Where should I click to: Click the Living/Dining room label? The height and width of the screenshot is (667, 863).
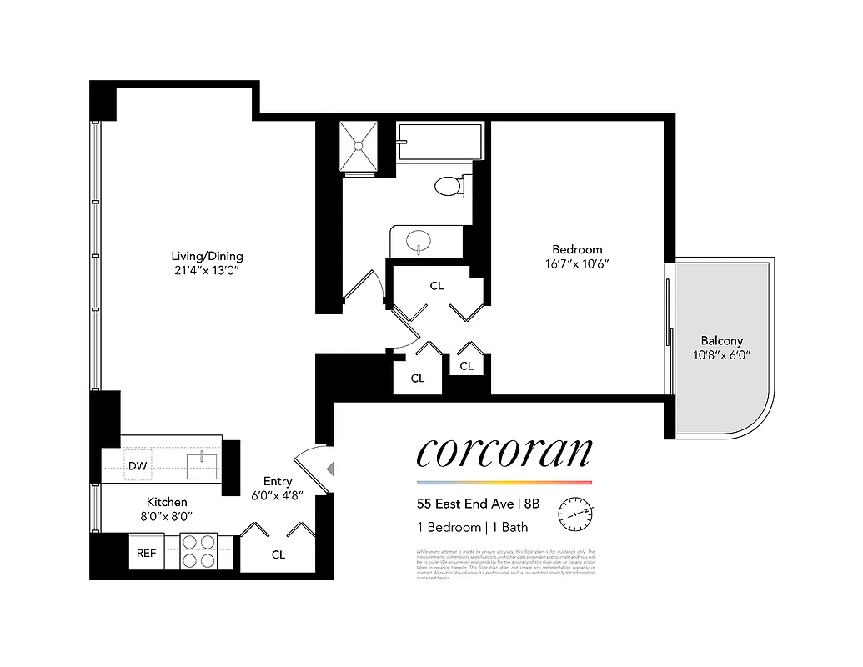(207, 256)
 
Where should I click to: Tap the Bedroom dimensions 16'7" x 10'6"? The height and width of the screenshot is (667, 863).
(577, 264)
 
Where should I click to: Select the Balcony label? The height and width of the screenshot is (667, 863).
(721, 341)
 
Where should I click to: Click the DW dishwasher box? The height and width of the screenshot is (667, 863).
(138, 466)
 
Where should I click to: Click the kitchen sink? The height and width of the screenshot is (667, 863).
(203, 465)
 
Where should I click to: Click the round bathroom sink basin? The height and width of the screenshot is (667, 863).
(419, 243)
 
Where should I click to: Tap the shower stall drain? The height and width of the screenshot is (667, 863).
(359, 146)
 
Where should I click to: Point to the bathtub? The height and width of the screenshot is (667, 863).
(439, 142)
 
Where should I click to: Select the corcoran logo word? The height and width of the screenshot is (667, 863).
(504, 452)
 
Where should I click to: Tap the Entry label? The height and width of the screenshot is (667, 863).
(278, 481)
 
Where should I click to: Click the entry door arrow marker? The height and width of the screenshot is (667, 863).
(330, 469)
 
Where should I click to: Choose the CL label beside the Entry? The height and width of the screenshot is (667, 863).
(278, 554)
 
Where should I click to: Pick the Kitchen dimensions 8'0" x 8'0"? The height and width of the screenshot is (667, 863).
(167, 515)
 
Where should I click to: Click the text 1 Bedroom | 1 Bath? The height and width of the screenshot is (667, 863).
(472, 527)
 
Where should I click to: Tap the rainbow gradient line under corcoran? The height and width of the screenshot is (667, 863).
(504, 483)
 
